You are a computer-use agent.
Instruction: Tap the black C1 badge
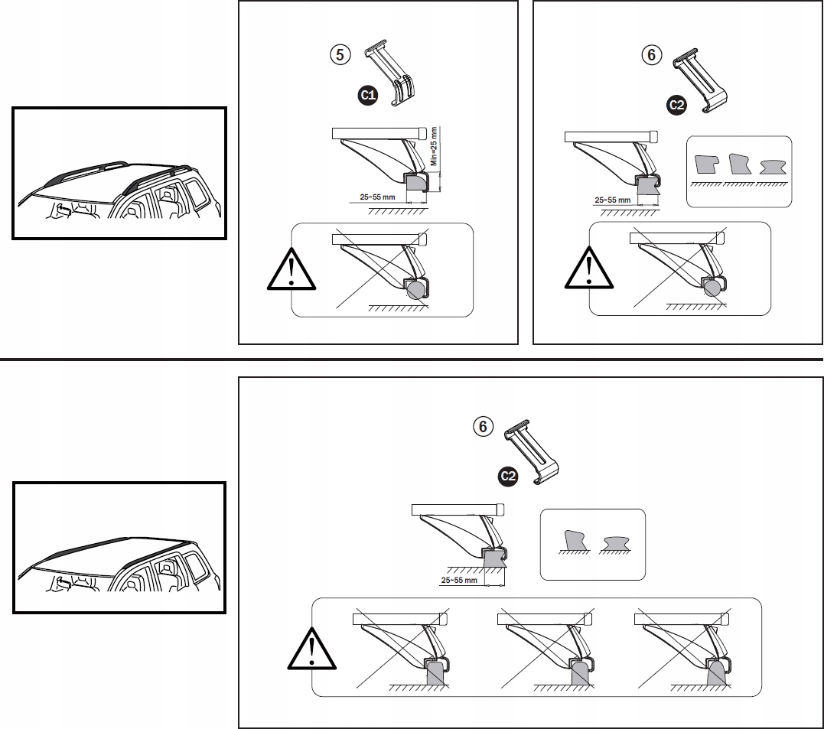click(x=368, y=95)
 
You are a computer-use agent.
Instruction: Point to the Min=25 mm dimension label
click(x=433, y=146)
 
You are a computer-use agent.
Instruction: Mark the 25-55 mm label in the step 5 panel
click(x=377, y=197)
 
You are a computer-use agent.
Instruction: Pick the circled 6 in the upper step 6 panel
click(x=651, y=54)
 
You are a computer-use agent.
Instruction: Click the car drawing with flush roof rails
click(x=120, y=547)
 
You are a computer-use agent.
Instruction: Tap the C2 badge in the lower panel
click(x=507, y=477)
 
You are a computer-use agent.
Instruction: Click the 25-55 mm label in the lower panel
click(x=460, y=581)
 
